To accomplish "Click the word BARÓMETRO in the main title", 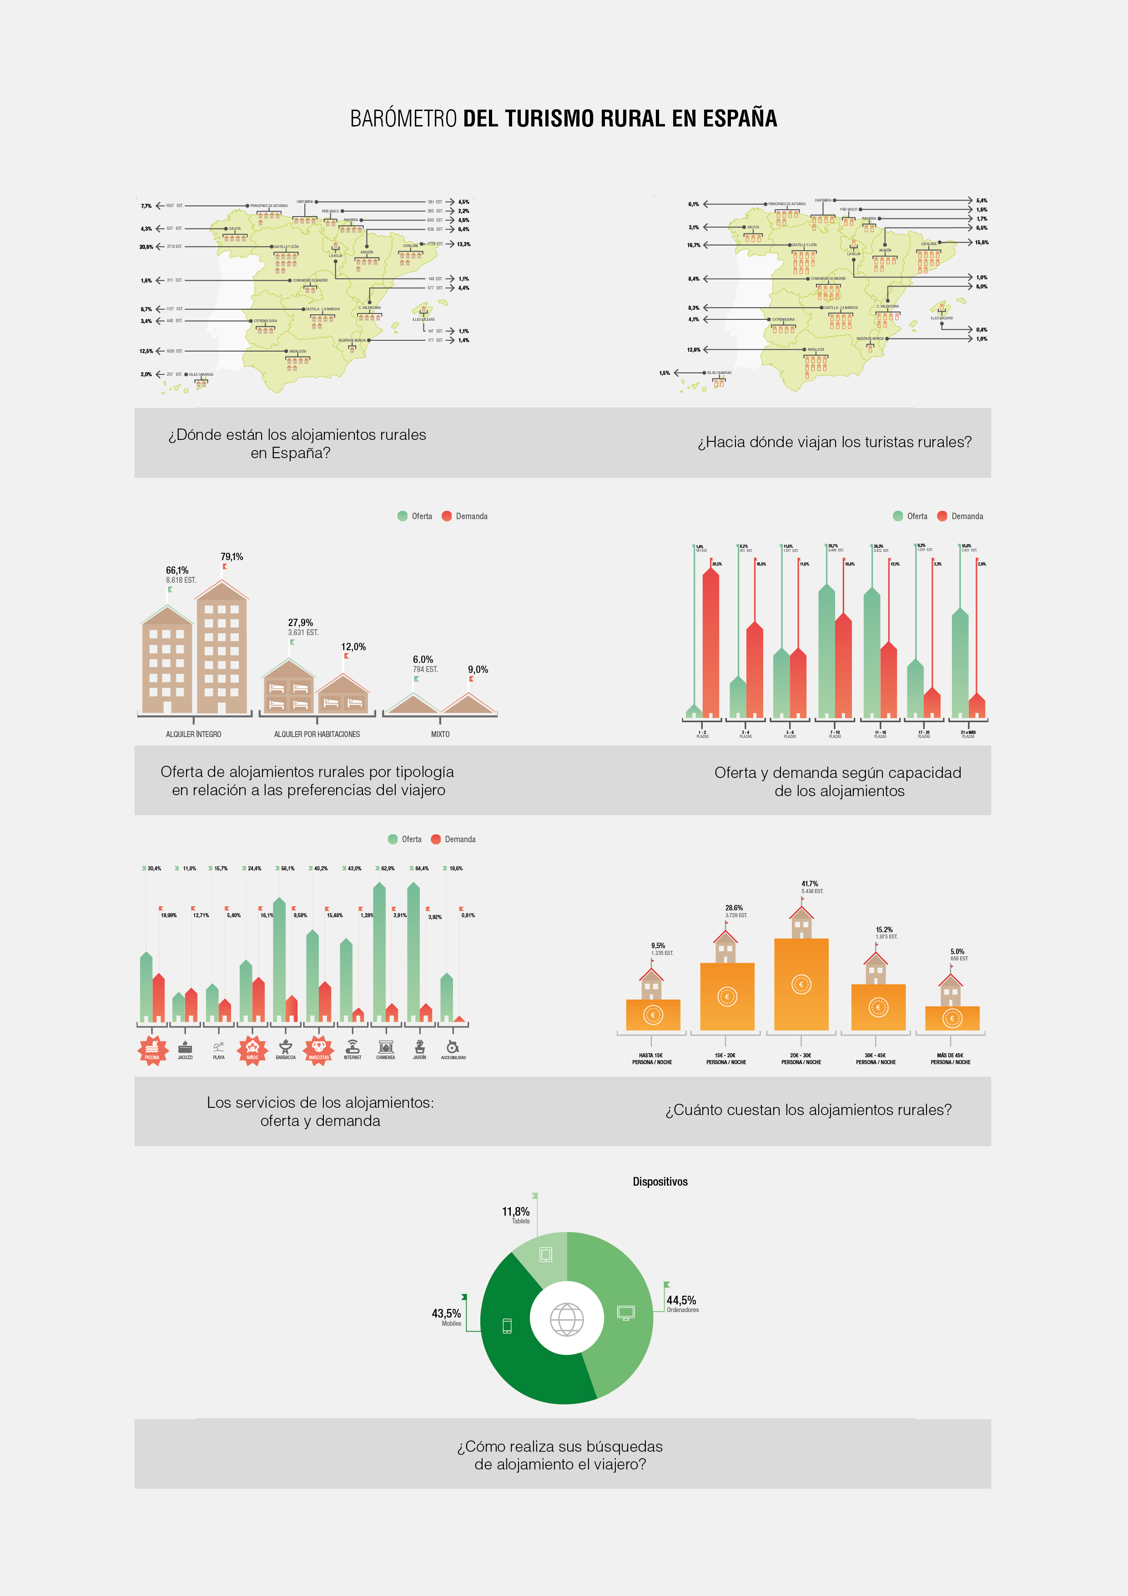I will click(x=403, y=119).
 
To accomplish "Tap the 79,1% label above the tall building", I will click(x=232, y=557).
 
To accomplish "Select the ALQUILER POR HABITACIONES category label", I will click(x=317, y=734).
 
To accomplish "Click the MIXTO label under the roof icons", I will click(x=440, y=734).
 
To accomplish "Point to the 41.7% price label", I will click(x=810, y=884).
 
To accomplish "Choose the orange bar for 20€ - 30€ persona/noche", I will click(x=801, y=984).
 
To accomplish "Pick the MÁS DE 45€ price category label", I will click(x=950, y=1055).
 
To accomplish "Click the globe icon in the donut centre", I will click(x=566, y=1318).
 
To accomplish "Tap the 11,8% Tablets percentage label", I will click(x=516, y=1212).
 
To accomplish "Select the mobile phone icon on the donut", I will click(x=507, y=1326).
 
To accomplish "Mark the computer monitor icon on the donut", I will click(x=625, y=1313).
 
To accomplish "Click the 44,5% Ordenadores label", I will click(x=681, y=1300).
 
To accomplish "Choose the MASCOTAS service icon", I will click(x=319, y=1050).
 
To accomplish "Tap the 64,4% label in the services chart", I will click(x=422, y=868).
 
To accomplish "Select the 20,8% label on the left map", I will click(x=146, y=247).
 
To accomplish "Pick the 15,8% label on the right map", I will click(x=982, y=242).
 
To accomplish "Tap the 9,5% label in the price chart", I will click(x=658, y=945).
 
